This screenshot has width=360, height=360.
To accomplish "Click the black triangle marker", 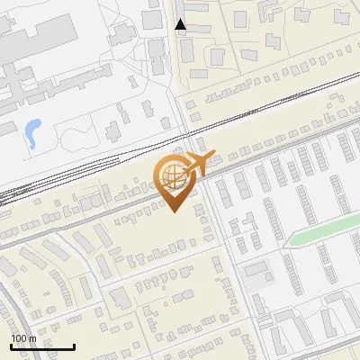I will point(181,24).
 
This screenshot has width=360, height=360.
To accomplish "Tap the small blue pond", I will point(32,133).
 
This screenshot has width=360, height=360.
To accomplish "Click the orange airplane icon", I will point(198,164).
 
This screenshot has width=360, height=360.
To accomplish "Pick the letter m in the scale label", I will point(32,338).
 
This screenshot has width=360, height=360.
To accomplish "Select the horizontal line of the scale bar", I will point(42,346).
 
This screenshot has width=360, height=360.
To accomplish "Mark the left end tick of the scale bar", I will point(11,345).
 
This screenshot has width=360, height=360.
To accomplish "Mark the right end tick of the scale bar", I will point(74,345).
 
